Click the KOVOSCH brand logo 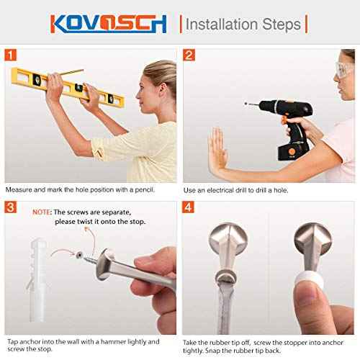[x=108, y=24]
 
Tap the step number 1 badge [x=11, y=55]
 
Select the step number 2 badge [x=189, y=55]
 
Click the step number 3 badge [x=11, y=207]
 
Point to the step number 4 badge [x=188, y=207]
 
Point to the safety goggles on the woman [x=345, y=69]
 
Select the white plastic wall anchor [x=37, y=279]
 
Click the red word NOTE [x=41, y=212]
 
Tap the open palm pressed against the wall [x=218, y=150]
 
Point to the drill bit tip [x=246, y=104]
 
